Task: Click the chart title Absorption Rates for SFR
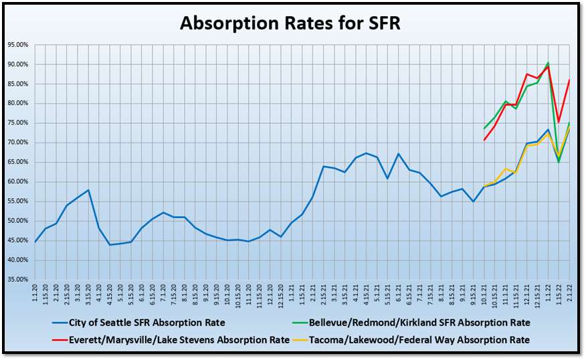(x=290, y=23)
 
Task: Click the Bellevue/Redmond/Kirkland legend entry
(x=411, y=323)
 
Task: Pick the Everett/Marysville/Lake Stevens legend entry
(x=171, y=340)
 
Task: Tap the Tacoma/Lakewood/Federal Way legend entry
(x=411, y=340)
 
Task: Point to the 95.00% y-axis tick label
(x=18, y=45)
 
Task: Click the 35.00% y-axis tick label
(x=18, y=279)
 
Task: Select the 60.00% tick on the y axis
(x=18, y=182)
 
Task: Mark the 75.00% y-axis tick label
(x=18, y=123)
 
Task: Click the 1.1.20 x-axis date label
(x=35, y=294)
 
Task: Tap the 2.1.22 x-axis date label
(x=569, y=294)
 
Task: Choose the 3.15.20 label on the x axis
(x=88, y=295)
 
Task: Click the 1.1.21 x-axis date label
(x=292, y=294)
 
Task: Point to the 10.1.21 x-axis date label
(x=484, y=295)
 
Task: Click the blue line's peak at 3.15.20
(x=88, y=190)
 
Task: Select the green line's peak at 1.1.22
(x=548, y=62)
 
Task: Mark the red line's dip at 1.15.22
(x=559, y=122)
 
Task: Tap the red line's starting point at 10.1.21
(x=484, y=141)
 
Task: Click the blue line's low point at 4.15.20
(x=110, y=245)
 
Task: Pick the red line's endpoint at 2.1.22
(x=569, y=80)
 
